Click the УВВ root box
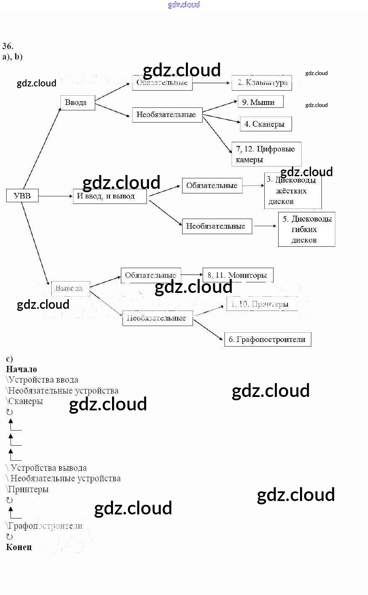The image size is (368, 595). coord(22,196)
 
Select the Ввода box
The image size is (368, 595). coord(77,102)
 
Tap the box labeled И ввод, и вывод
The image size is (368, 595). coord(110,196)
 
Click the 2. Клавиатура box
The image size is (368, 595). coord(261,83)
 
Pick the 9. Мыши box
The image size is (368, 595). coord(260,102)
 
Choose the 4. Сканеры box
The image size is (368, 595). coord(265,124)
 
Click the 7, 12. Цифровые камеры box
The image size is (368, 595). coord(266,154)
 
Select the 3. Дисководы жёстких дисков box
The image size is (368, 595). coord(292,191)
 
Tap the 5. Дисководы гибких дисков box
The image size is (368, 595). coord(306,229)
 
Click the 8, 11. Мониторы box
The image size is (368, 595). coord(238,275)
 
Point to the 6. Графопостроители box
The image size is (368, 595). coord(267,339)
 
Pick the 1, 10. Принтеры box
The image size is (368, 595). coord(261,304)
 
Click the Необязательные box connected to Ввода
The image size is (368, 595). coord(167,115)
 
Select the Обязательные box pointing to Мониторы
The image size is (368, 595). coord(151,275)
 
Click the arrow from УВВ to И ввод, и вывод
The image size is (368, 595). coord(55,196)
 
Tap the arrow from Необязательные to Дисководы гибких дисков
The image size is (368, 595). coord(265,226)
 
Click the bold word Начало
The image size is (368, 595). coord(21,369)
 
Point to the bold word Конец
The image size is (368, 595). coord(19,547)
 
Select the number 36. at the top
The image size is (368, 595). coord(8,46)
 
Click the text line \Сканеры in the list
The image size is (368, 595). coord(25,401)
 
